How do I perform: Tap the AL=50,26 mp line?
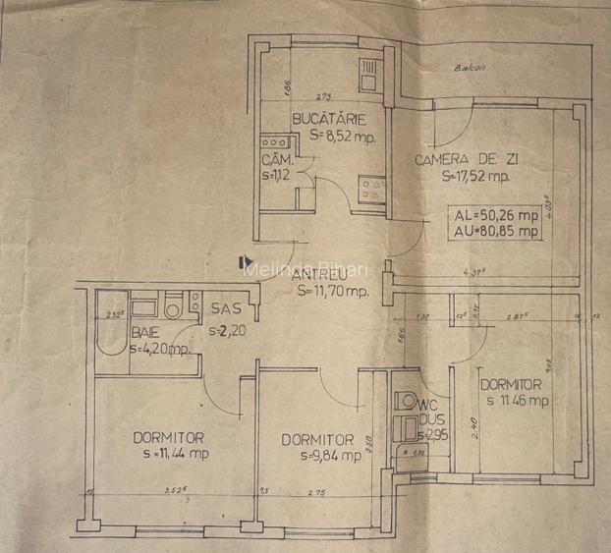[495, 216]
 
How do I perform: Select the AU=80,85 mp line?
[495, 232]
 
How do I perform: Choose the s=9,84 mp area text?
[316, 456]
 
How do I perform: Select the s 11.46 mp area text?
[514, 400]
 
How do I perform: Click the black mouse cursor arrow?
[245, 260]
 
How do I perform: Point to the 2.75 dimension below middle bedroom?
[316, 491]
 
